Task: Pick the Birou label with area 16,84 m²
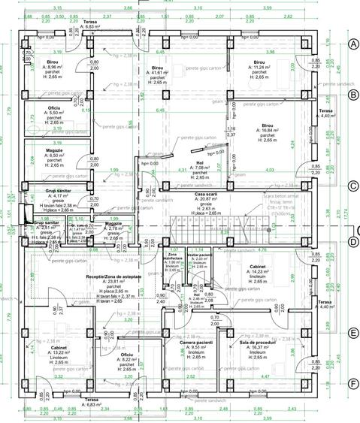(268, 125)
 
